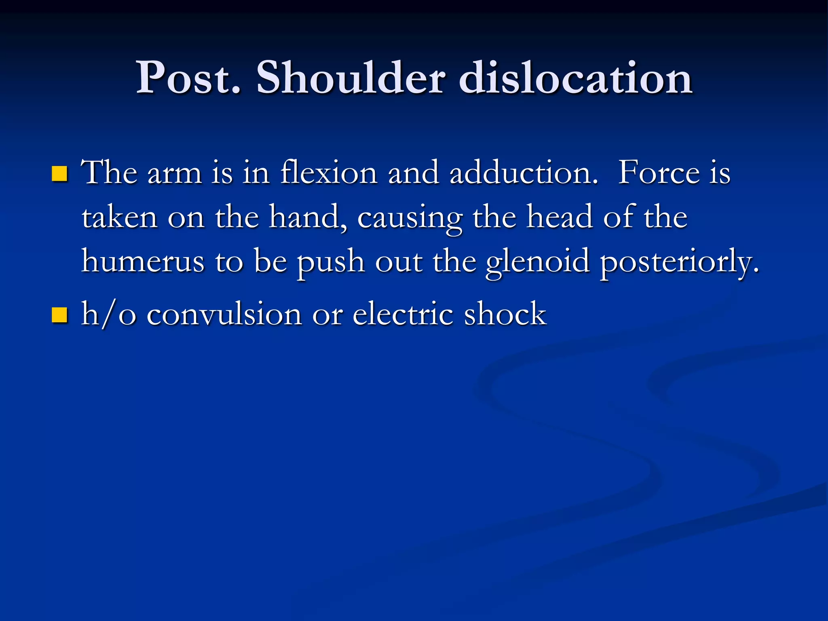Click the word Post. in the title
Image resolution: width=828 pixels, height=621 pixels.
tap(188, 78)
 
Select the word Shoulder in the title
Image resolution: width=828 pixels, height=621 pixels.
tap(351, 78)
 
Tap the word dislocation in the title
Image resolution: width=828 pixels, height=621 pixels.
tap(576, 78)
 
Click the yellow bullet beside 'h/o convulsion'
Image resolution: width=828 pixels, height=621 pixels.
tap(60, 315)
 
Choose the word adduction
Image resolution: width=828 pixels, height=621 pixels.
tap(524, 173)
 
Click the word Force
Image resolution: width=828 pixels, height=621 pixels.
tap(659, 173)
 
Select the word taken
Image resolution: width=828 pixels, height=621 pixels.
tap(120, 218)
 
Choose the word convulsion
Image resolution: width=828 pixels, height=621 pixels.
tap(224, 314)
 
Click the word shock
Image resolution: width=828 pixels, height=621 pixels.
tap(505, 314)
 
